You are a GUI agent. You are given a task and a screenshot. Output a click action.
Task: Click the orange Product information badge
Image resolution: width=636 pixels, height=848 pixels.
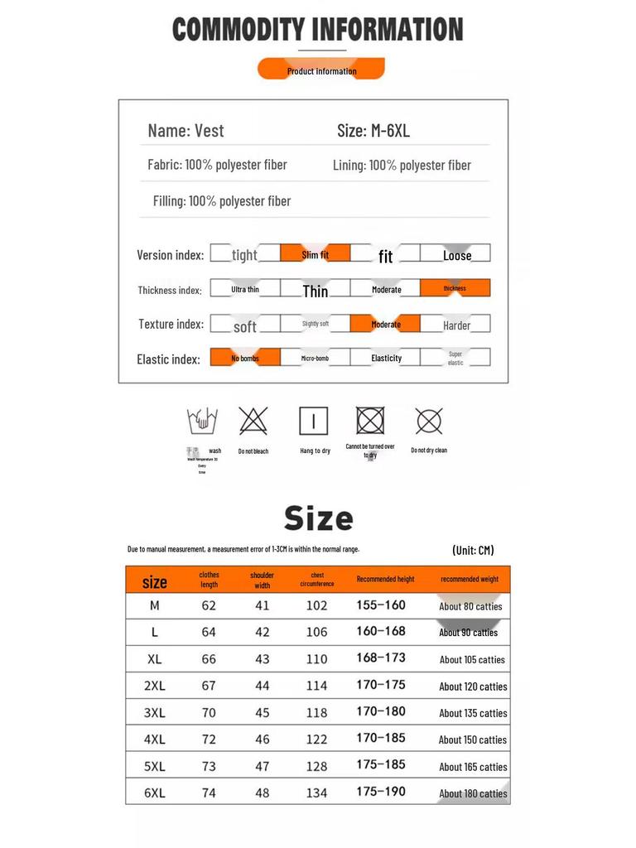pyautogui.click(x=321, y=70)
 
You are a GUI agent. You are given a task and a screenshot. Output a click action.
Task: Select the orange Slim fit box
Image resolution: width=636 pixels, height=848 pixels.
pyautogui.click(x=315, y=253)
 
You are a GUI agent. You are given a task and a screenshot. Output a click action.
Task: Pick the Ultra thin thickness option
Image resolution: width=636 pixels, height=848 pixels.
pyautogui.click(x=244, y=289)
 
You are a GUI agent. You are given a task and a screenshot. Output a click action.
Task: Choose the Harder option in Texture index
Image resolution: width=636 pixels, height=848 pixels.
pyautogui.click(x=455, y=324)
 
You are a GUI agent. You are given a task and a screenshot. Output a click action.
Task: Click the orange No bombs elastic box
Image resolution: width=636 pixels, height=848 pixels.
pyautogui.click(x=244, y=358)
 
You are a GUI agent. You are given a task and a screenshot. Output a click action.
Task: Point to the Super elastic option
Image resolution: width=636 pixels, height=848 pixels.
pyautogui.click(x=455, y=358)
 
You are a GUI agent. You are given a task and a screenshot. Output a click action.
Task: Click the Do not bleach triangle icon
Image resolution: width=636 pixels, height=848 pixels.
pyautogui.click(x=253, y=422)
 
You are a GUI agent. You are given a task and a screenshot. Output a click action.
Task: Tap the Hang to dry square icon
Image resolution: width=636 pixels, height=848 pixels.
pyautogui.click(x=314, y=422)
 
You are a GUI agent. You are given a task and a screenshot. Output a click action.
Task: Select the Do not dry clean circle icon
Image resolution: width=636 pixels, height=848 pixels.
pyautogui.click(x=429, y=422)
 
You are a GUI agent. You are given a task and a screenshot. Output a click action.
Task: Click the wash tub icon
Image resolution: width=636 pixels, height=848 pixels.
pyautogui.click(x=201, y=422)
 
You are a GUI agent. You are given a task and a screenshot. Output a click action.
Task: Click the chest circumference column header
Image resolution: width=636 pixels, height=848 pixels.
pyautogui.click(x=316, y=579)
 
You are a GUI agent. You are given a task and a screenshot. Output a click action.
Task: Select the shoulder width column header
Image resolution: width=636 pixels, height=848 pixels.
pyautogui.click(x=262, y=579)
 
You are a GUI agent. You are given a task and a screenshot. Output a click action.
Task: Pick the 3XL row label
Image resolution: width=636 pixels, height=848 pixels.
pyautogui.click(x=155, y=712)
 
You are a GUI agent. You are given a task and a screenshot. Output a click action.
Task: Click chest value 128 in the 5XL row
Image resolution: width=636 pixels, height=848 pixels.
pyautogui.click(x=316, y=766)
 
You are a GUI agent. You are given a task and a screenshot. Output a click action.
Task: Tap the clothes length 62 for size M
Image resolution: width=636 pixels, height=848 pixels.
pyautogui.click(x=209, y=605)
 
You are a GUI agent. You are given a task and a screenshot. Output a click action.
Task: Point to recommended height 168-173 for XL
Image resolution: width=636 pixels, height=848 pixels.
pyautogui.click(x=381, y=658)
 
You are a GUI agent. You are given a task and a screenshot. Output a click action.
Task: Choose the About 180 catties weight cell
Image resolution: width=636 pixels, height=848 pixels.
pyautogui.click(x=473, y=793)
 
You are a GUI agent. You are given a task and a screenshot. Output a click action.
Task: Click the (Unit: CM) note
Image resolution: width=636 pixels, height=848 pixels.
pyautogui.click(x=473, y=550)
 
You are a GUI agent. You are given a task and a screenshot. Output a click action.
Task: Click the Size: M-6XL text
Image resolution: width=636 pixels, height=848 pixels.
pyautogui.click(x=373, y=130)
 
